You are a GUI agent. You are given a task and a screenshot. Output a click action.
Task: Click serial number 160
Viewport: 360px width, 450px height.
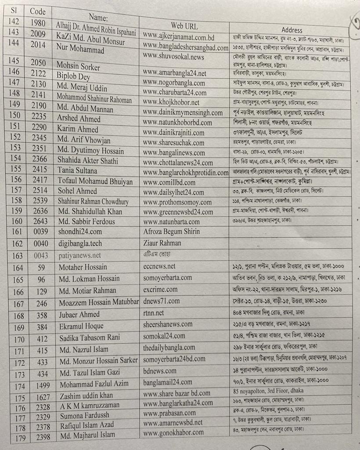click(x=16, y=221)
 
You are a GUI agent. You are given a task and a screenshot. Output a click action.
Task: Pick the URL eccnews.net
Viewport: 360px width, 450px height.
click(x=159, y=266)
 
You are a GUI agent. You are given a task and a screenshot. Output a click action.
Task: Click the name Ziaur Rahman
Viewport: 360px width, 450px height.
click(x=163, y=243)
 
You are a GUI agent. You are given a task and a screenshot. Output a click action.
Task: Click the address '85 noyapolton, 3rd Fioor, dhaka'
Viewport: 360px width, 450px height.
click(x=268, y=390)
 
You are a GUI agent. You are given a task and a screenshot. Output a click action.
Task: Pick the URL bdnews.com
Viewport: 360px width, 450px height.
click(x=160, y=371)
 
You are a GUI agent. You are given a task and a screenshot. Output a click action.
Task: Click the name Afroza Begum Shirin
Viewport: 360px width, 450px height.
click(x=171, y=232)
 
